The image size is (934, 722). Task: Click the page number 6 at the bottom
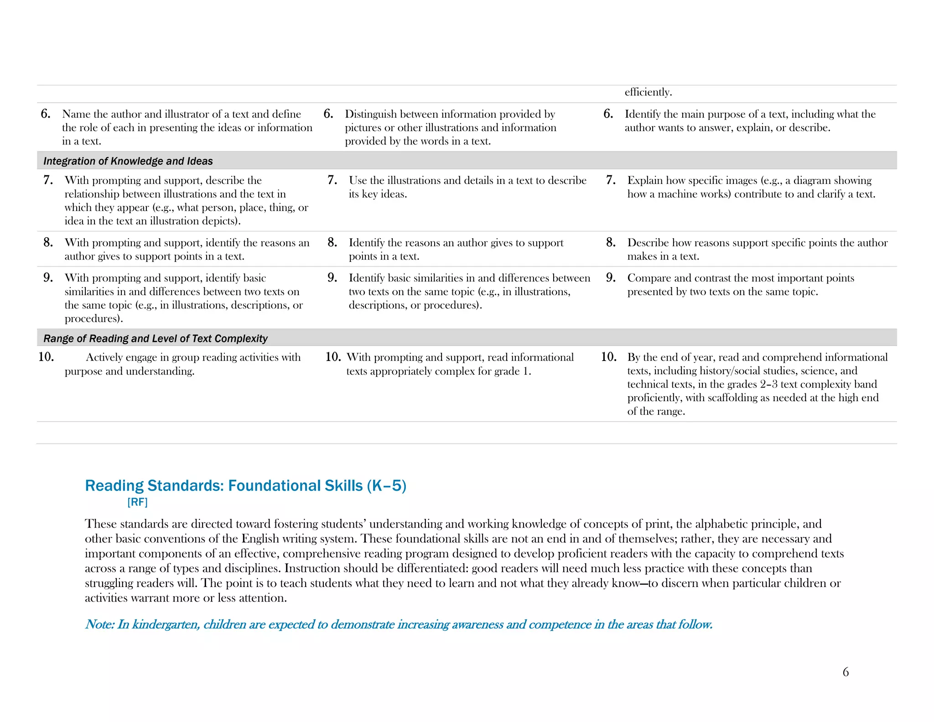pos(846,672)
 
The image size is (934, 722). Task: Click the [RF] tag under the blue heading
pos(137,502)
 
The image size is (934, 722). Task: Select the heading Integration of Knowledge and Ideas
pos(128,161)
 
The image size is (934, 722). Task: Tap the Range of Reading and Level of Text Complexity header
pos(156,339)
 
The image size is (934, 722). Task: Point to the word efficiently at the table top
pos(648,92)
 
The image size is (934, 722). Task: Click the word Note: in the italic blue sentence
pos(99,624)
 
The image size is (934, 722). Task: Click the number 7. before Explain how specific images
pos(611,180)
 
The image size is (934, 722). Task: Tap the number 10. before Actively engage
pos(46,357)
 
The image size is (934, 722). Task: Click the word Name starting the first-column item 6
pos(76,114)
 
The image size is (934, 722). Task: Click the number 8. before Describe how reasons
pos(611,243)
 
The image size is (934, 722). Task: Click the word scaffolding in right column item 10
pos(732,398)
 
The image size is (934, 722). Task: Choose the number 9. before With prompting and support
pos(48,278)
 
